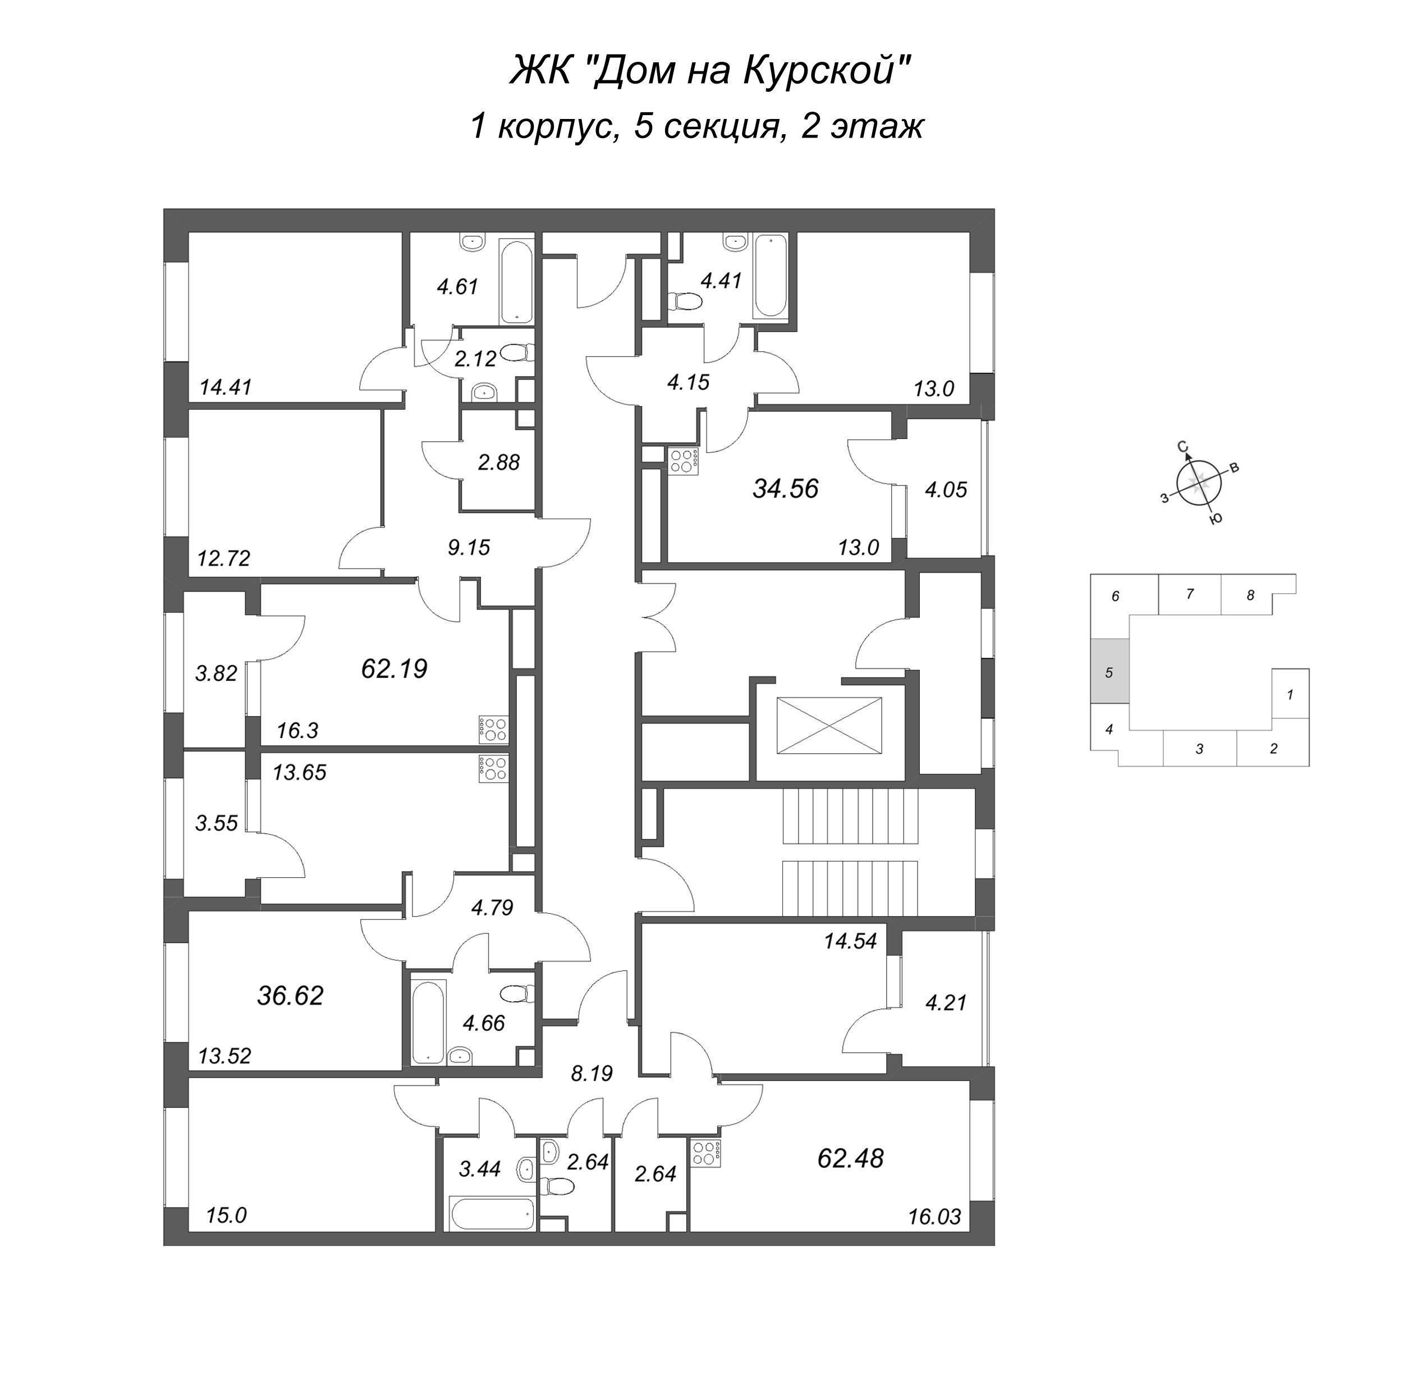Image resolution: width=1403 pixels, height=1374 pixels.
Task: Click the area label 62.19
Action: click(x=394, y=669)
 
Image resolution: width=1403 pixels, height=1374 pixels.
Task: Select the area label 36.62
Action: click(x=290, y=996)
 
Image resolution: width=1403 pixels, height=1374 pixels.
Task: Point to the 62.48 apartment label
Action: click(x=850, y=1158)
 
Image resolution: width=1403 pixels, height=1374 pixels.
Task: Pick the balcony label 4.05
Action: click(x=946, y=490)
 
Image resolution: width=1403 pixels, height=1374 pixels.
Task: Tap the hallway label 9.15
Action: click(x=469, y=548)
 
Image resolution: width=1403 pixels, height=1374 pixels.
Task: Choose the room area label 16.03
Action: click(x=934, y=1217)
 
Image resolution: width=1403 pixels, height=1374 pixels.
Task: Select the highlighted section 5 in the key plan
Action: click(x=1109, y=672)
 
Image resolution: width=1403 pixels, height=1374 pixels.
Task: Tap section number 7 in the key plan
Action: click(x=1190, y=594)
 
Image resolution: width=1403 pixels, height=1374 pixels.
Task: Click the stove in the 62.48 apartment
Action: click(x=707, y=1155)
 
